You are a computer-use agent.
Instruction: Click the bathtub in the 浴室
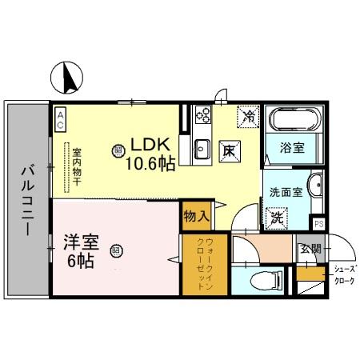point(294,121)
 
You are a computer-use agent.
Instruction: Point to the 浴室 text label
point(293,148)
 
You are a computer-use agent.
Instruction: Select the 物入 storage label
point(195,216)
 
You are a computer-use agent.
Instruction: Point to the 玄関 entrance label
point(310,249)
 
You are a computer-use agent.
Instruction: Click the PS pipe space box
point(318,223)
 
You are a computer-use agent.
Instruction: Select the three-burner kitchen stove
point(202,118)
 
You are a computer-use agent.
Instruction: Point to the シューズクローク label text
point(345,274)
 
